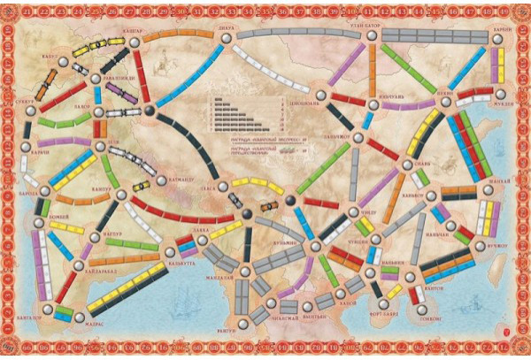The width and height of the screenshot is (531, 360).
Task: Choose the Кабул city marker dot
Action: click(x=63, y=60)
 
